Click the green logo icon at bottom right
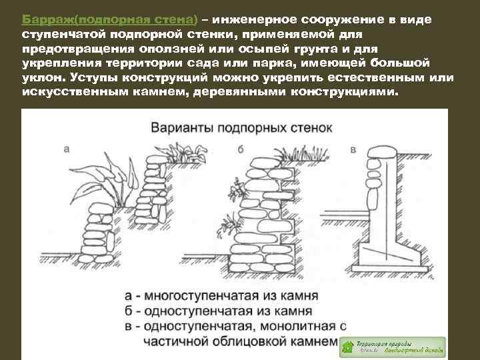click(x=348, y=346)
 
